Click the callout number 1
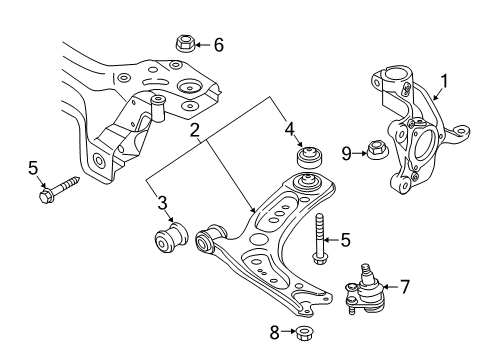pyautogui.click(x=444, y=82)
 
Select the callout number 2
pyautogui.click(x=194, y=130)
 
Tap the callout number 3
pyautogui.click(x=162, y=203)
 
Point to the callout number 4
pyautogui.click(x=289, y=129)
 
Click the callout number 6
pyautogui.click(x=218, y=45)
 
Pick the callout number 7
pyautogui.click(x=404, y=287)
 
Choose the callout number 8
pyautogui.click(x=274, y=332)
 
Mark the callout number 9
pyautogui.click(x=347, y=154)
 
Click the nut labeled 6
pyautogui.click(x=185, y=44)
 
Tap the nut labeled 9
pyautogui.click(x=377, y=150)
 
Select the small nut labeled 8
pyautogui.click(x=303, y=333)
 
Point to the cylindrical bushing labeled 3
pyautogui.click(x=171, y=238)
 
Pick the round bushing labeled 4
pyautogui.click(x=311, y=156)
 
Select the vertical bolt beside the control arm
pyautogui.click(x=320, y=239)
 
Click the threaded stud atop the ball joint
pyautogui.click(x=366, y=271)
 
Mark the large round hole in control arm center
pyautogui.click(x=259, y=240)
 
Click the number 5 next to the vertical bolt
pyautogui.click(x=346, y=240)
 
